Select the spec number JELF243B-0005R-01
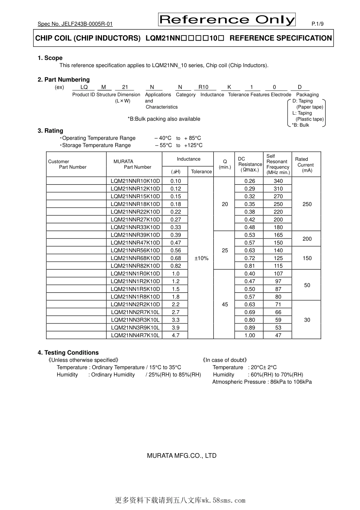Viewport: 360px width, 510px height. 75,24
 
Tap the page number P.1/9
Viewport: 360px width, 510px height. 317,24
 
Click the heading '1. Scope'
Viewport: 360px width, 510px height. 50,58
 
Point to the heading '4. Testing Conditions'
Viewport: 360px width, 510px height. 68,353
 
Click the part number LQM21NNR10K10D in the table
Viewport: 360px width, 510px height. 135,181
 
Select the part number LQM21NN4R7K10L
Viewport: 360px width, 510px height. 135,335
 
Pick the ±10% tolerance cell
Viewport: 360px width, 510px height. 201,258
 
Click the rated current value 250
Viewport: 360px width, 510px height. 307,204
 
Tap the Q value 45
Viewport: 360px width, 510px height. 225,304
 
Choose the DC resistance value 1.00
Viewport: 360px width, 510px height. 249,335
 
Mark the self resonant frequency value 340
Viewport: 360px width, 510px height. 278,181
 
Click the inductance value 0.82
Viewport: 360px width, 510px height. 175,266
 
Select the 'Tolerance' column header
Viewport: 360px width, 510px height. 201,172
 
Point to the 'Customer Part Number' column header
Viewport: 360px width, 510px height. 67,164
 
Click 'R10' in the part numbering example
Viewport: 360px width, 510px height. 203,87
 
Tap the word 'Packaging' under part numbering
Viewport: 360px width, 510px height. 307,95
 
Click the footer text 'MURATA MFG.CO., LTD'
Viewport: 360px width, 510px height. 182,456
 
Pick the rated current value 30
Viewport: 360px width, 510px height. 307,320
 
